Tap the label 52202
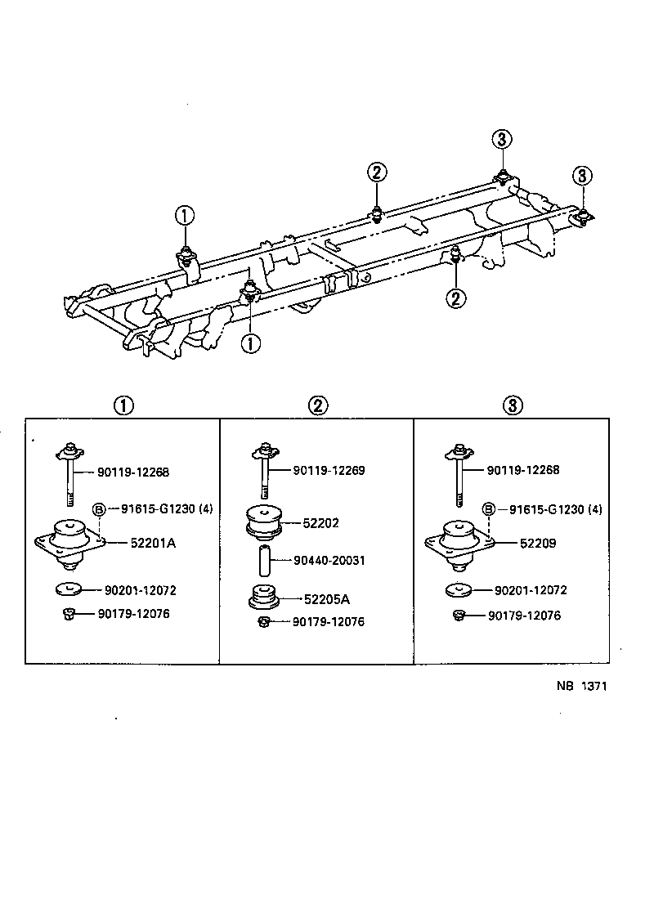click(320, 523)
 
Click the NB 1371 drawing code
click(576, 687)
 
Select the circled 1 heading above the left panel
click(123, 405)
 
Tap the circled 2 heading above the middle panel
click(318, 405)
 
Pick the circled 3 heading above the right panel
click(513, 405)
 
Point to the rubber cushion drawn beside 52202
click(264, 522)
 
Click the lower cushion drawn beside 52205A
click(263, 599)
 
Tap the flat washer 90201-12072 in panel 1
click(69, 589)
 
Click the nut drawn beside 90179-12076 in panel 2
click(263, 623)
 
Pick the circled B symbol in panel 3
click(488, 509)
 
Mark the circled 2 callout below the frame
click(456, 298)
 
